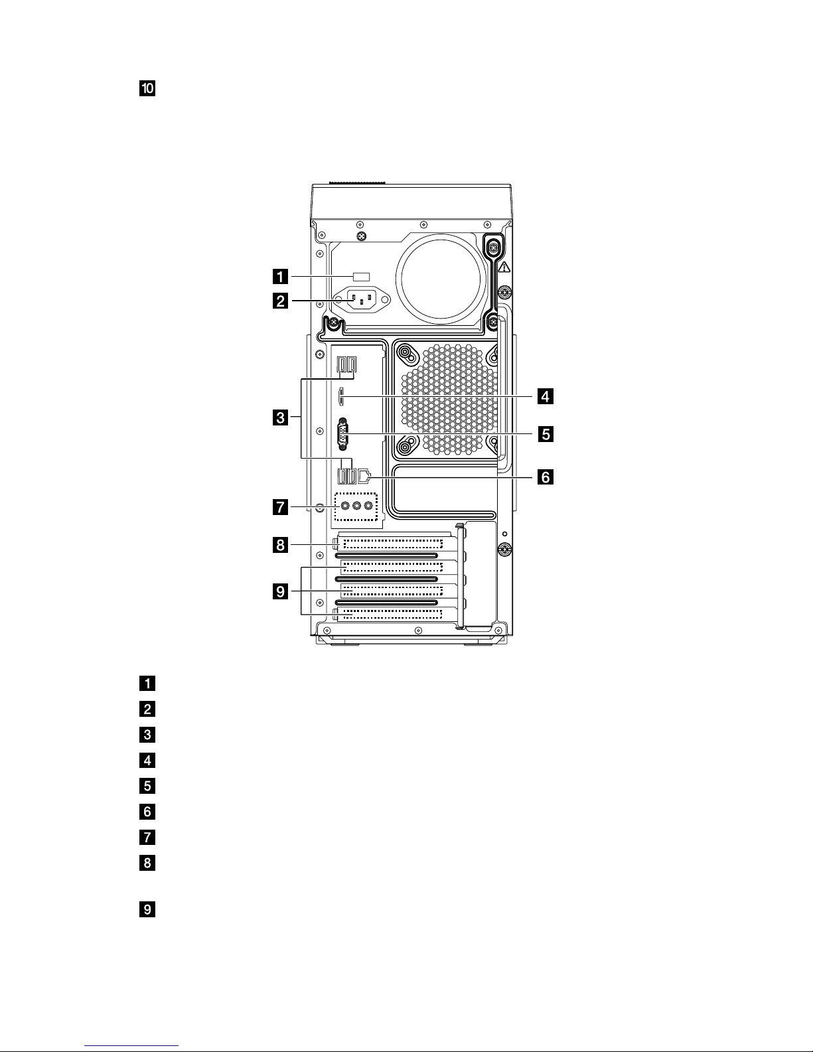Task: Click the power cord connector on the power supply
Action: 360,301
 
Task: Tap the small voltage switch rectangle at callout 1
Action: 360,275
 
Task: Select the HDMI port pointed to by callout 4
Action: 342,397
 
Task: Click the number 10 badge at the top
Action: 147,88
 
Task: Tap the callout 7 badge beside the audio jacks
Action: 281,509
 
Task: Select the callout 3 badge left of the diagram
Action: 281,418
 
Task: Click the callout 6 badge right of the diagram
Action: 545,477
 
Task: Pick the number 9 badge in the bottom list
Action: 147,909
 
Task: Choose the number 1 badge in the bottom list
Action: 147,683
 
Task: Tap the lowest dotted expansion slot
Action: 392,613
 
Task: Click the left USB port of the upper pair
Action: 342,364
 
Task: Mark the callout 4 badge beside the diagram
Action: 545,397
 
